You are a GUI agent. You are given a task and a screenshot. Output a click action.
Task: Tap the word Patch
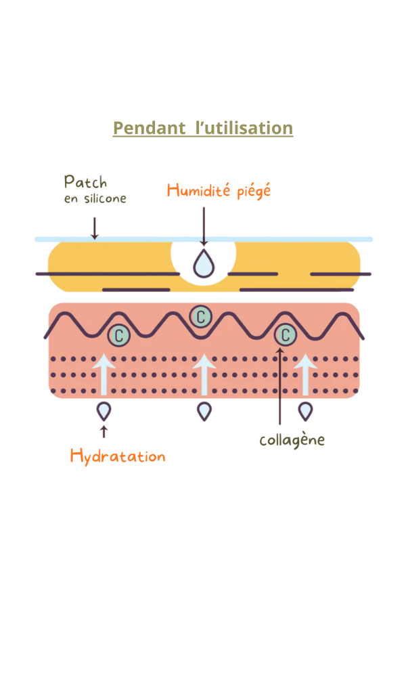coord(85,182)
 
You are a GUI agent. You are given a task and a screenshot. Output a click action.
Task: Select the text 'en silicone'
coord(95,199)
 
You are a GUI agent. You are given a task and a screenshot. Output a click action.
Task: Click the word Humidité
coord(200,190)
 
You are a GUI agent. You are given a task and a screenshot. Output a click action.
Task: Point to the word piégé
coord(254,191)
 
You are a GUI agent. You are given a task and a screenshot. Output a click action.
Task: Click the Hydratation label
coord(118,456)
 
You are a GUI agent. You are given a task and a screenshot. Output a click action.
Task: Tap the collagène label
coord(292,440)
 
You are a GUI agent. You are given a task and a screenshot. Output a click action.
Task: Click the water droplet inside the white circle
coord(203,264)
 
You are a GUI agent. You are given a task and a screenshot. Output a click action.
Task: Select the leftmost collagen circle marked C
coord(120,334)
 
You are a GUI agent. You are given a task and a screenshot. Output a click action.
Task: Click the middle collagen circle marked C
coord(200,315)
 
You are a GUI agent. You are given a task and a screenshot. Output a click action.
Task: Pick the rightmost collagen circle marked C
coord(286,334)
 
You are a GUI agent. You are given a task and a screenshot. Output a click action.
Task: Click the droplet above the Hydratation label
coord(104,411)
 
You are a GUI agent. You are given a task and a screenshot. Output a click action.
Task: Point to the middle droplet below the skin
coord(204,411)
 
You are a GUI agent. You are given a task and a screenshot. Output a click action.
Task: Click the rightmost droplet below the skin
coord(306,411)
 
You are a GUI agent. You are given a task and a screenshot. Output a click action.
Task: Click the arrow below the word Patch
coord(95,228)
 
